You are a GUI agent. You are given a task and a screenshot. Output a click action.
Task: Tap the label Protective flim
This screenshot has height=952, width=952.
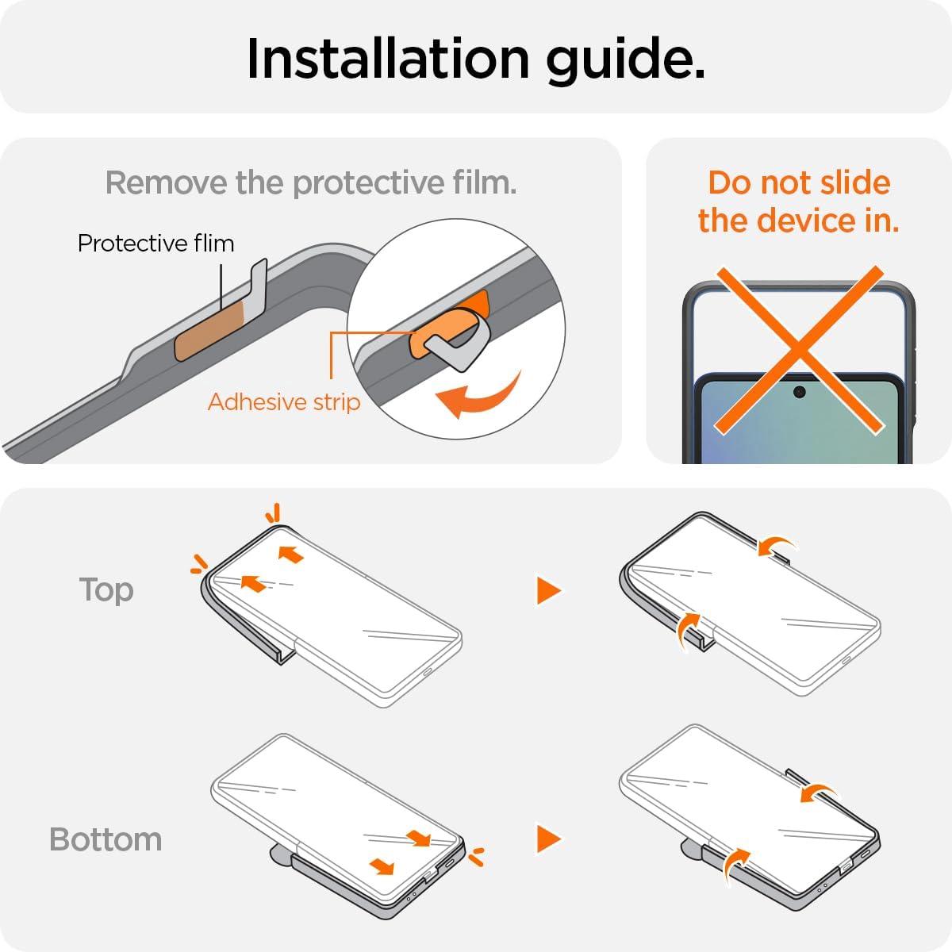155,243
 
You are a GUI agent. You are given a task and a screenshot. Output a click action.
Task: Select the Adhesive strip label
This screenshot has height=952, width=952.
284,401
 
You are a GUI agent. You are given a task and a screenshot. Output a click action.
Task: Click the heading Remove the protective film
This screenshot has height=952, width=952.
311,183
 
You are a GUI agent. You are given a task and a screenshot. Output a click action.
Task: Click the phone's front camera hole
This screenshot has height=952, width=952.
800,392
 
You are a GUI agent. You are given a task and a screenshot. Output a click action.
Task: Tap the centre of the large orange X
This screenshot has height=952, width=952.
799,351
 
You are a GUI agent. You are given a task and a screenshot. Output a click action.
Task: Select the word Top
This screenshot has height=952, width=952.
106,590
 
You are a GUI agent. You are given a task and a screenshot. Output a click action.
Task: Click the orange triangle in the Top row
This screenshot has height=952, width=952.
548,590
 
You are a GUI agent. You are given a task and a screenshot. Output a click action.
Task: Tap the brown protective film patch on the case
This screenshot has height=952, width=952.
210,330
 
